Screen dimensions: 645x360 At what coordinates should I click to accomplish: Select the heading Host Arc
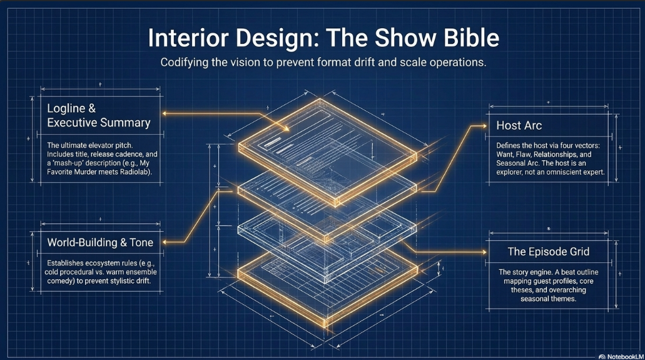519,125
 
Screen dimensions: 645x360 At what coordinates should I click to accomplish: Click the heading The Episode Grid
548,251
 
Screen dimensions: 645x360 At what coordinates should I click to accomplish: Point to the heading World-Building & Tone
100,242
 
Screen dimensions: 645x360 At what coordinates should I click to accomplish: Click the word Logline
66,108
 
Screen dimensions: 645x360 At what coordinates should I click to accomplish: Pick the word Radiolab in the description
135,172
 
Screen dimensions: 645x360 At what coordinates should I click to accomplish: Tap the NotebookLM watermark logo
602,356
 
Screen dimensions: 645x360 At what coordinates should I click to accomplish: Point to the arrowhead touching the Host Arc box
484,126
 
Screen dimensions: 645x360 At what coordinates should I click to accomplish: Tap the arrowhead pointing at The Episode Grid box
484,252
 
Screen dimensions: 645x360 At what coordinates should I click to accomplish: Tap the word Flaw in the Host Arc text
523,155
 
